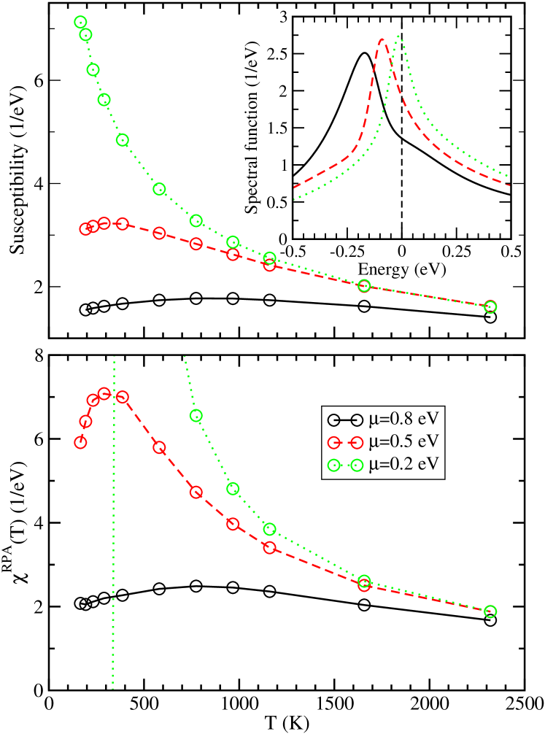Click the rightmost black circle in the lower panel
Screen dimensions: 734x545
click(x=490, y=620)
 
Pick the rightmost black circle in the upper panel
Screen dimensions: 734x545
click(x=490, y=317)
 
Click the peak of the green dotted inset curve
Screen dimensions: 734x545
click(x=399, y=36)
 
